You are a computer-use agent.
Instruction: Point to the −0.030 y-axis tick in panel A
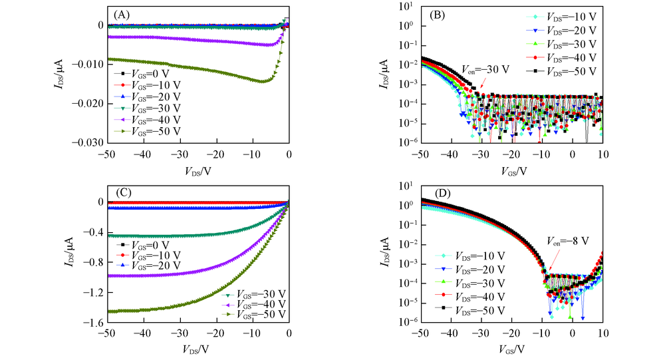click(92, 142)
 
